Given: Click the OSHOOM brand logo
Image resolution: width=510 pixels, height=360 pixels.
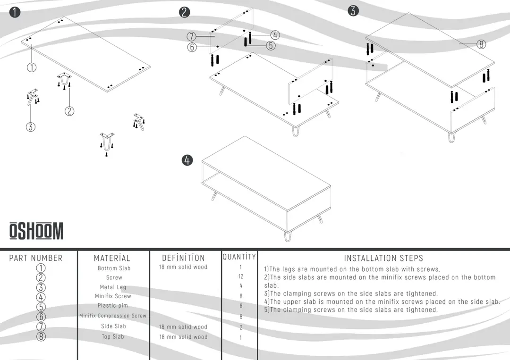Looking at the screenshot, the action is click(x=36, y=231).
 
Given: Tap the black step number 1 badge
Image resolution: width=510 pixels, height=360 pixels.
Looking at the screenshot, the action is click(x=15, y=12).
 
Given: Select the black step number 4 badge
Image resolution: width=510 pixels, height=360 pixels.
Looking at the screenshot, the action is click(x=187, y=160).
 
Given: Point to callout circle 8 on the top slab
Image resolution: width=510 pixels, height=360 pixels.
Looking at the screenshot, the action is click(x=481, y=44).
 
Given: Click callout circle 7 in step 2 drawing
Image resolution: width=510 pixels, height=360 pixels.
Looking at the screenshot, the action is click(x=191, y=36).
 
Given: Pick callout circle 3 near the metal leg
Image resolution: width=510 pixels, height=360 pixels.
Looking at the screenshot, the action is click(x=31, y=127).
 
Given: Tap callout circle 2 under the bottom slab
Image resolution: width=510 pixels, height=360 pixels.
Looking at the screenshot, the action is click(x=69, y=111).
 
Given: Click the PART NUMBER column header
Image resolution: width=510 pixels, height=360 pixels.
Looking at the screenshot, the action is click(x=36, y=258).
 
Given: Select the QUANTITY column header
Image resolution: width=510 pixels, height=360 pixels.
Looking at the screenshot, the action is click(x=239, y=257).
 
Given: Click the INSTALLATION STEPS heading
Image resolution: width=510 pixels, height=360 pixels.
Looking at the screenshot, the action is click(x=383, y=258).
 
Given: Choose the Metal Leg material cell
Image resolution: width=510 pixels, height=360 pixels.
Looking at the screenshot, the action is click(x=113, y=287).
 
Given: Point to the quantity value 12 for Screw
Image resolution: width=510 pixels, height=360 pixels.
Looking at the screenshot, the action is click(x=241, y=276).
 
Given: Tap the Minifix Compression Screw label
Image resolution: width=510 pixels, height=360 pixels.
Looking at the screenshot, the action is click(x=113, y=316).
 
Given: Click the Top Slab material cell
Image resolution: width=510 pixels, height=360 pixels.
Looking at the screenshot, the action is click(x=113, y=336).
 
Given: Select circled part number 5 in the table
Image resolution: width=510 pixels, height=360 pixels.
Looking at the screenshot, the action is click(x=41, y=307).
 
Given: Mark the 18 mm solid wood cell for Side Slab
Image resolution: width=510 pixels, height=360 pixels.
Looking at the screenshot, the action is click(x=183, y=327).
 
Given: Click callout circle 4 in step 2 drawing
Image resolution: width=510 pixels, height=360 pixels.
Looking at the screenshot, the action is click(x=275, y=35).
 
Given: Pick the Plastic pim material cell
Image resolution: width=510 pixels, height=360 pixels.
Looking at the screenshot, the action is click(x=113, y=305).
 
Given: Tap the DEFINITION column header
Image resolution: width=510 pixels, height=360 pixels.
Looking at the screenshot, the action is click(x=183, y=258).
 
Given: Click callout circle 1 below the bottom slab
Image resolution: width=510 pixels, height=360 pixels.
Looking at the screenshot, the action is click(x=32, y=67).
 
